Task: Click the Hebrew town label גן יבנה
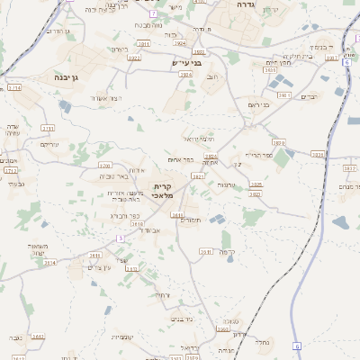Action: coord(60,77)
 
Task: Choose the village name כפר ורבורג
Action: coord(124,216)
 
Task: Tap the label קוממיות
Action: coord(122,338)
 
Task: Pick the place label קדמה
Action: coord(227,252)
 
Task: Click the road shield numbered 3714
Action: coord(13,88)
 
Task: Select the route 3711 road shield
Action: coord(46,128)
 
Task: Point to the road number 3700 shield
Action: coord(104,166)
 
